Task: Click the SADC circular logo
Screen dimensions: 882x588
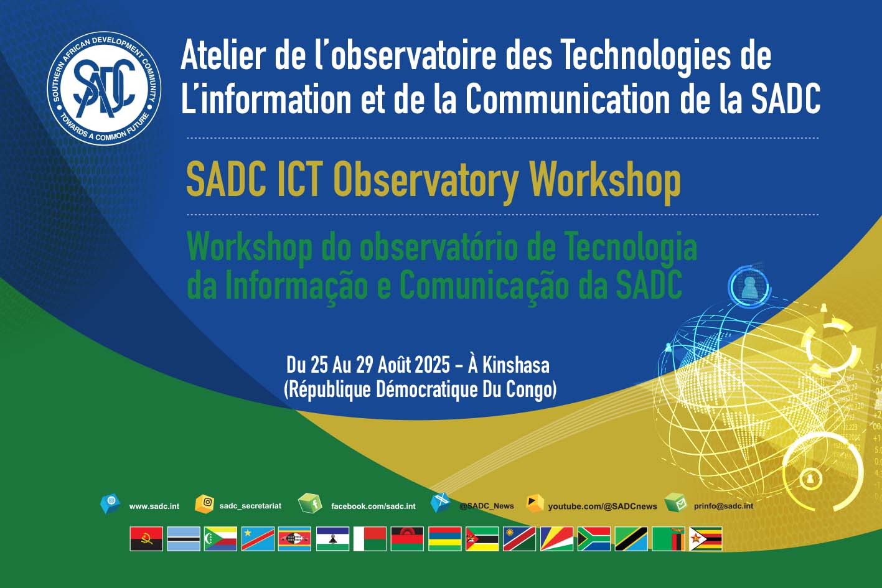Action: tap(104, 88)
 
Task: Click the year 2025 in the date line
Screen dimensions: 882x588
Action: tap(427, 365)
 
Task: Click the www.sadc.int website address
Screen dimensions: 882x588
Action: tap(154, 506)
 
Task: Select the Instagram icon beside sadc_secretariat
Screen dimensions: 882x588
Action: tap(204, 504)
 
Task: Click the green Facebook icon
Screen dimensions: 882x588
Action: tap(310, 503)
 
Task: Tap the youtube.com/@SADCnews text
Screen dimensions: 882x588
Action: tap(603, 506)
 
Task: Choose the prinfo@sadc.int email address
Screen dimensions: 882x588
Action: tap(723, 506)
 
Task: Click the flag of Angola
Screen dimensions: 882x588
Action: tap(146, 539)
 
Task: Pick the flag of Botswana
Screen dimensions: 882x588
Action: tap(184, 539)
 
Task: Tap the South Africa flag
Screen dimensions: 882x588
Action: tap(594, 539)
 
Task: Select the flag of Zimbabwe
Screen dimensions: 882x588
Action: tap(706, 539)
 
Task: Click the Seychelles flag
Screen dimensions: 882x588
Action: tap(556, 539)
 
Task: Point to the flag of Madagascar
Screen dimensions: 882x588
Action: tap(370, 539)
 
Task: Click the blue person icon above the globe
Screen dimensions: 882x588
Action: tap(749, 286)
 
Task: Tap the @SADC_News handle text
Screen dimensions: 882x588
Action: tap(487, 506)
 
